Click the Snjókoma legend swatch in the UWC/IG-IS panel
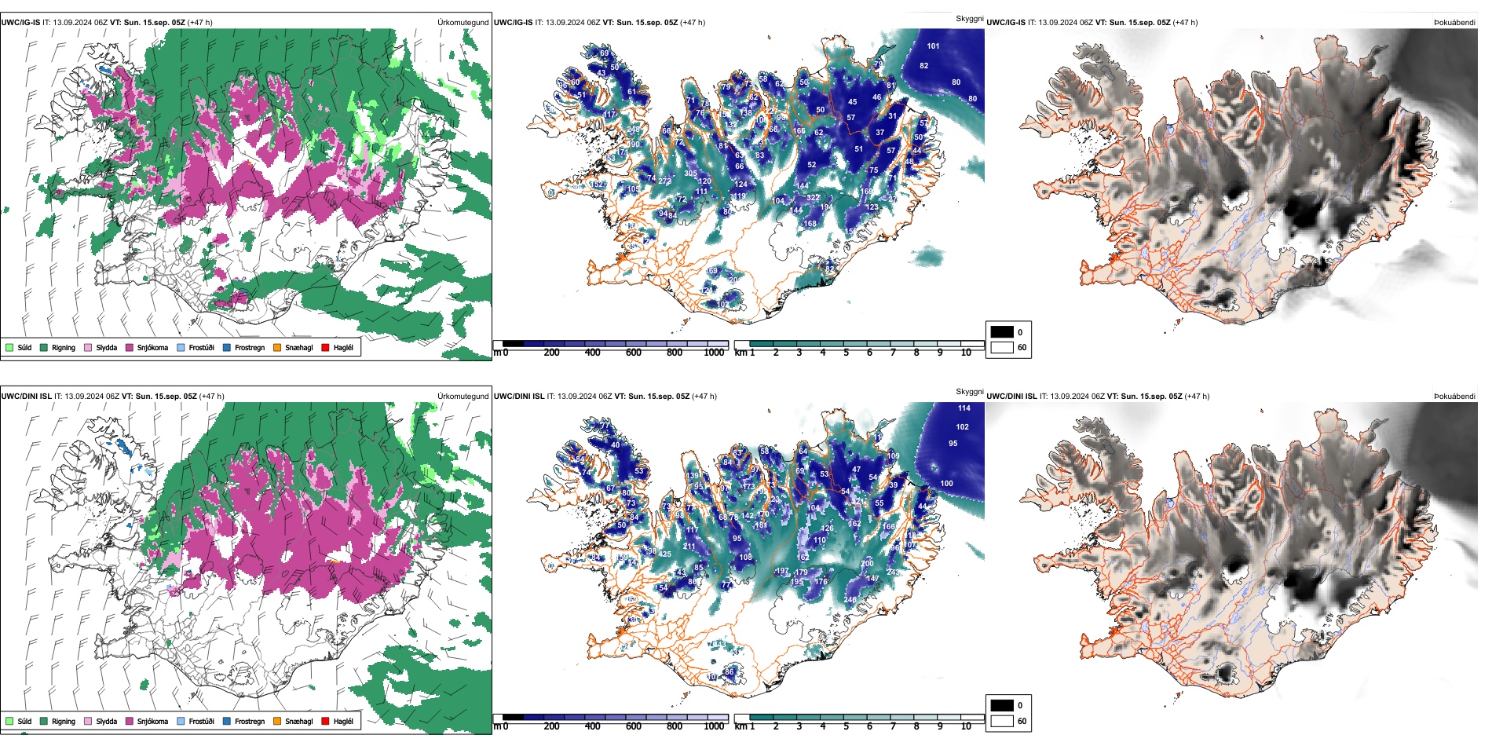[130, 347]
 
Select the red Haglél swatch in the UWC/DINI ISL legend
[325, 721]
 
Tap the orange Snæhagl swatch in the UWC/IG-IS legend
[277, 347]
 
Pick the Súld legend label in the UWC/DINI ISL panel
[24, 721]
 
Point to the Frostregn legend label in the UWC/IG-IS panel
[250, 347]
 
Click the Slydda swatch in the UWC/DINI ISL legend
[88, 721]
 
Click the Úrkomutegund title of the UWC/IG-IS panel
[463, 22]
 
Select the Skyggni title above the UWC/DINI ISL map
[969, 391]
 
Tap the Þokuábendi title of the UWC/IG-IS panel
[1454, 22]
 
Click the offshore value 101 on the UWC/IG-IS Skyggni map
[933, 46]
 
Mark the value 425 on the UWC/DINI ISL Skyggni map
[665, 554]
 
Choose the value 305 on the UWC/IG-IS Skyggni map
[690, 174]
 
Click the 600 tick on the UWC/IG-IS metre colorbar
[634, 353]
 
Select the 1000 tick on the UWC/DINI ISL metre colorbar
[714, 726]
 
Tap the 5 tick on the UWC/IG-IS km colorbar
[846, 353]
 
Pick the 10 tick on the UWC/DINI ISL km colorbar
[966, 726]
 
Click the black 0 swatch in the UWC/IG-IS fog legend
[1002, 332]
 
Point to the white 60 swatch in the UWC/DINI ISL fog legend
[1002, 721]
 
